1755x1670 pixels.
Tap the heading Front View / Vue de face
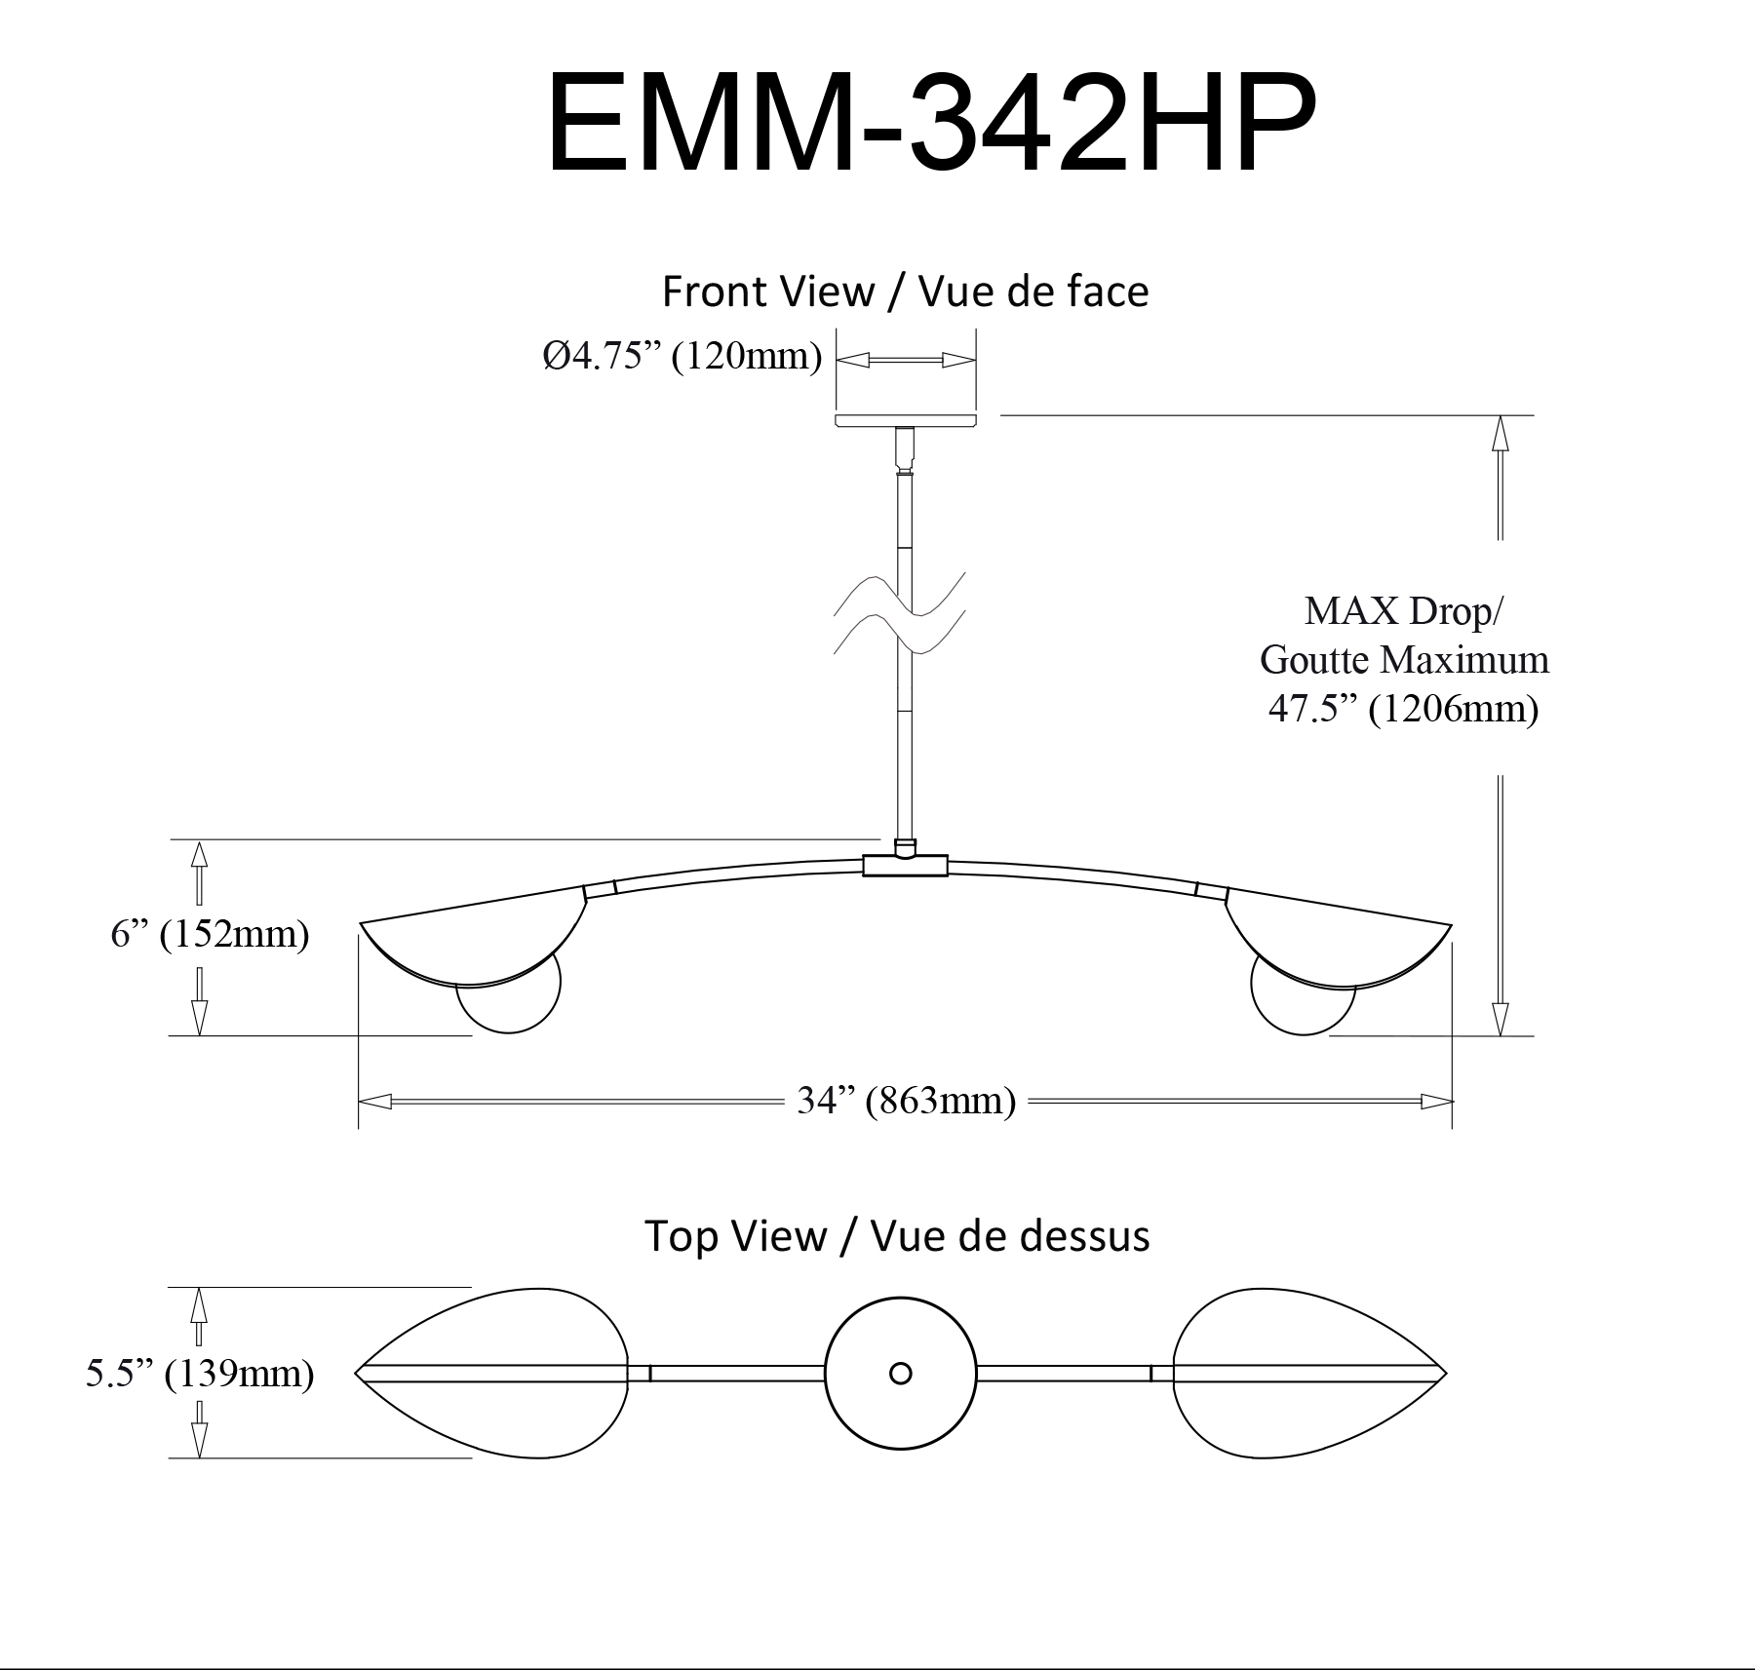click(x=905, y=291)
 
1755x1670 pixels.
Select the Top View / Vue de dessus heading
click(x=897, y=1236)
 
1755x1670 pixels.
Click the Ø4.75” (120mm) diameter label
click(x=682, y=357)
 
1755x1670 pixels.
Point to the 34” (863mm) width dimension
click(x=906, y=1101)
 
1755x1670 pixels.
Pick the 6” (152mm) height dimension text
click(x=210, y=934)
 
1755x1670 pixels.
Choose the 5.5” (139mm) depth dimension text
click(x=200, y=1374)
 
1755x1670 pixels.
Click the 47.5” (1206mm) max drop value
click(x=1403, y=709)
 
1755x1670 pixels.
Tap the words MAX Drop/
click(x=1403, y=611)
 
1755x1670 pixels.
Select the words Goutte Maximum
click(x=1404, y=660)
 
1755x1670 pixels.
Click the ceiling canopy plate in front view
click(x=906, y=420)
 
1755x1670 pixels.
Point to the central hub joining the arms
click(x=906, y=865)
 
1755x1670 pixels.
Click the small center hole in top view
click(x=901, y=1374)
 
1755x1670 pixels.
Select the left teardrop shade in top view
click(x=491, y=1374)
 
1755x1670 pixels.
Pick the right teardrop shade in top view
click(x=1309, y=1374)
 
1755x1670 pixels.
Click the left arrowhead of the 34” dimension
click(x=375, y=1102)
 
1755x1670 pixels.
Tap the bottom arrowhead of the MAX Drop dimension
click(x=1501, y=1019)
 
